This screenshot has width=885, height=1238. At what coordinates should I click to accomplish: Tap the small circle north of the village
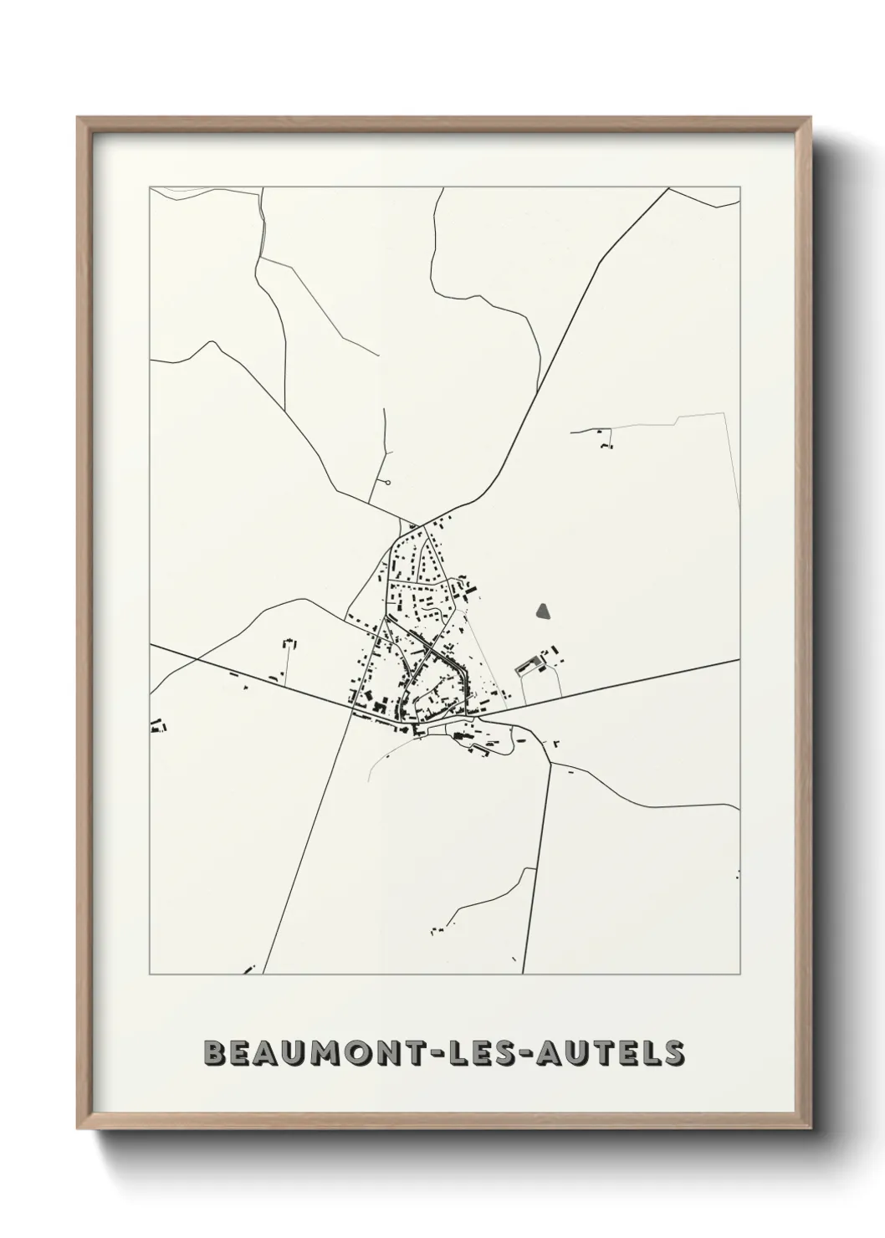tap(388, 483)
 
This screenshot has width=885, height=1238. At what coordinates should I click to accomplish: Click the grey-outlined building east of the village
tap(528, 666)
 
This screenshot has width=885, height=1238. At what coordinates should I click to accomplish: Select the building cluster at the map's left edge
tap(156, 725)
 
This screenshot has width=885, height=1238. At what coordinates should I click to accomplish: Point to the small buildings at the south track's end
tap(437, 929)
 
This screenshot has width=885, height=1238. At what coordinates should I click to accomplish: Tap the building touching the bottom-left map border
tap(248, 970)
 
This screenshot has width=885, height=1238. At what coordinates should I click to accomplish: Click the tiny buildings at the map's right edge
tap(737, 875)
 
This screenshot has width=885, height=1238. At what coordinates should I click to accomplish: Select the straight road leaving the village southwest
tap(309, 836)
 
